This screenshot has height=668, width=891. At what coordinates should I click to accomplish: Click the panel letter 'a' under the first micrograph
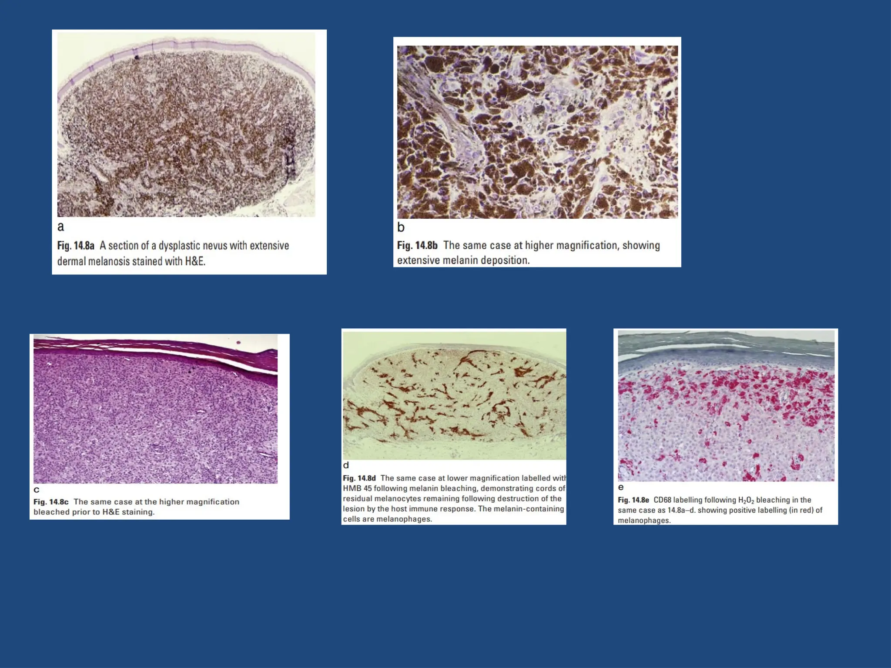point(60,227)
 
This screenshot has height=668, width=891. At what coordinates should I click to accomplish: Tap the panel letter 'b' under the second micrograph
point(401,227)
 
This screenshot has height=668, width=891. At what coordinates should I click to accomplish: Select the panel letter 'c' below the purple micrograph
point(37,490)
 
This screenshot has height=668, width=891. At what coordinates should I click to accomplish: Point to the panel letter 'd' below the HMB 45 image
point(346,465)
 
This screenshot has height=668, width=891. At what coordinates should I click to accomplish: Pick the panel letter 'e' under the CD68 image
point(621,488)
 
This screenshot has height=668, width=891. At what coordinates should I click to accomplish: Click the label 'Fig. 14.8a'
point(76,246)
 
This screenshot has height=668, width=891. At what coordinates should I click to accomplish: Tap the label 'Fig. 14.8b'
point(417,245)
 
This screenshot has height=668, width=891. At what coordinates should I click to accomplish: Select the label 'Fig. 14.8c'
point(51,502)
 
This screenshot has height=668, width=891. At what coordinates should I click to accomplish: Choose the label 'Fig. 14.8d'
point(359,478)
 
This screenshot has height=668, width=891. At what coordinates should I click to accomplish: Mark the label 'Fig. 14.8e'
point(633,500)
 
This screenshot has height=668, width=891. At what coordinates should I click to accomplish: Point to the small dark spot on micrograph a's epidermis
point(136,57)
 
